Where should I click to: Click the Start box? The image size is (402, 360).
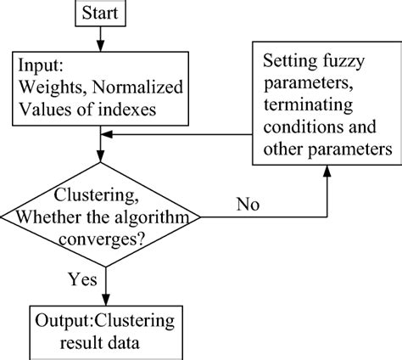click(x=102, y=14)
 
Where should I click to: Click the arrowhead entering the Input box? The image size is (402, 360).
click(x=103, y=45)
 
